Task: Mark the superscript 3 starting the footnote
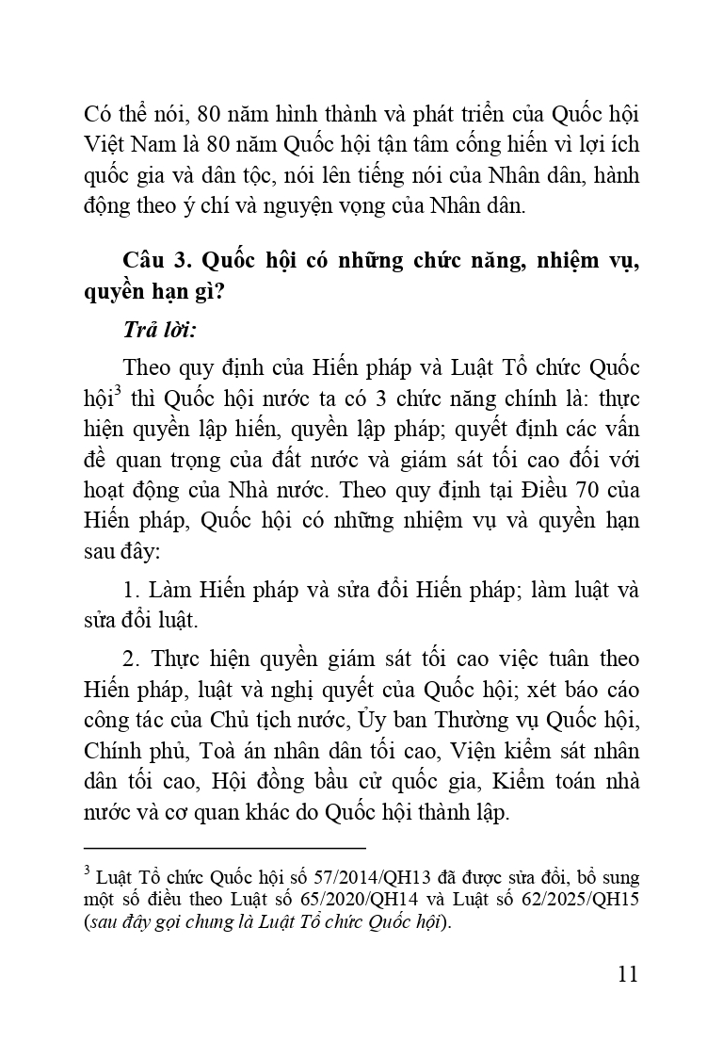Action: click(x=87, y=871)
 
